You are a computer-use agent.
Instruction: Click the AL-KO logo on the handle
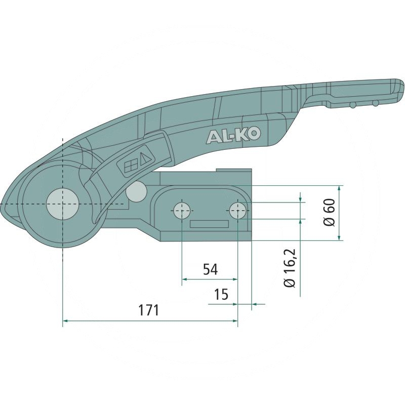click(x=233, y=135)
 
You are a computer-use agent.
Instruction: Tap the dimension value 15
click(x=222, y=294)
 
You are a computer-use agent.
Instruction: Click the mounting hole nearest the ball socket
click(x=181, y=210)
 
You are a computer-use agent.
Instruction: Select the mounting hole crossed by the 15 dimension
click(x=237, y=210)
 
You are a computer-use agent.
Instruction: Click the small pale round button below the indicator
click(x=137, y=190)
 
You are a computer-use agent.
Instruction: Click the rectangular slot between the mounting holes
click(x=209, y=225)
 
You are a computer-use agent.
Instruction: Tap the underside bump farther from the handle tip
click(x=352, y=105)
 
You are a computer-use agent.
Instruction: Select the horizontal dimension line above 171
click(x=149, y=320)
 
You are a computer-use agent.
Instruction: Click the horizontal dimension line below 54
click(x=209, y=279)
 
